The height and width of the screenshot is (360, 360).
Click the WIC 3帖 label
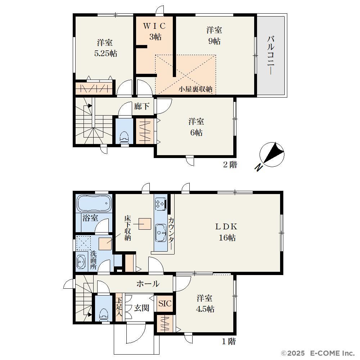pos(154,31)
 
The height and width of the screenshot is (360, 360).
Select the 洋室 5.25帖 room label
pos(105,48)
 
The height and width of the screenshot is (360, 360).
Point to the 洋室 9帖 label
pos(214,36)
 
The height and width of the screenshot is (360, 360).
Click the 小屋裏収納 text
pos(195,89)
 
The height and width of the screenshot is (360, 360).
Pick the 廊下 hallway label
pos(141,106)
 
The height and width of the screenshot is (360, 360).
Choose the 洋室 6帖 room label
pos(196,127)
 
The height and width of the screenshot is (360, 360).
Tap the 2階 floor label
pos(230,165)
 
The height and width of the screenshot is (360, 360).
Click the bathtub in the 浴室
pos(94,203)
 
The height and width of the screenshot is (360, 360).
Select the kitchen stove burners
pos(161,204)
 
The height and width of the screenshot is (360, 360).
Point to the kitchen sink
pos(161,233)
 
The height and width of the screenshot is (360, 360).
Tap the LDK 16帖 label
pos(226,232)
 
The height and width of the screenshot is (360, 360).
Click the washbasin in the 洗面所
pos(81,262)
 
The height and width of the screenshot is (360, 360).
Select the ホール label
pos(148,284)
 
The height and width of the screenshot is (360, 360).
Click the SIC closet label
pos(165,303)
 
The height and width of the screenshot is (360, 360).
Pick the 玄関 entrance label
pos(141,308)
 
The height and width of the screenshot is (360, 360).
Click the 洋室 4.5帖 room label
pos(205,303)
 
